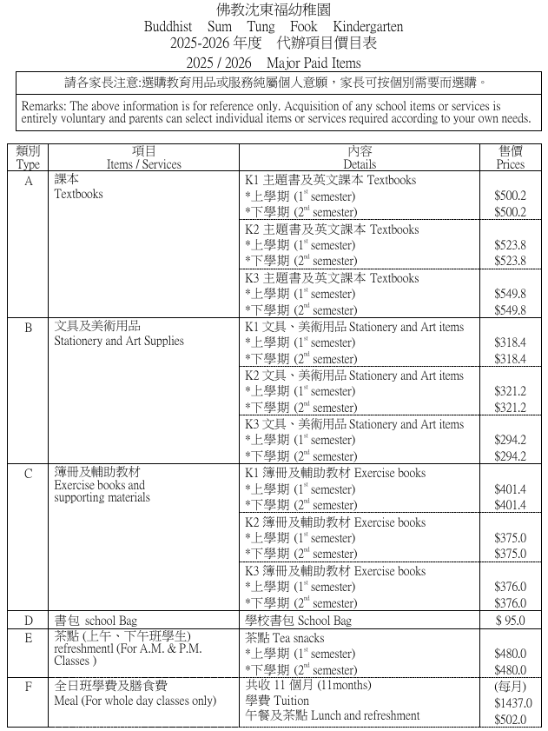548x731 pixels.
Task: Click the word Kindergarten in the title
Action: tap(367, 27)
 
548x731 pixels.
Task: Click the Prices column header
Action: tap(511, 163)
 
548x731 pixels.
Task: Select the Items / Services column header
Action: tap(143, 163)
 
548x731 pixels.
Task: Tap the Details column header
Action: tap(360, 163)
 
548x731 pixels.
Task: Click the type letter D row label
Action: tap(29, 621)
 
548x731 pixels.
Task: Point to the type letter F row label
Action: tap(29, 687)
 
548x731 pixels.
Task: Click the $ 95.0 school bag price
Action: tap(511, 621)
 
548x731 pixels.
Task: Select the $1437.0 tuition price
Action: tap(512, 702)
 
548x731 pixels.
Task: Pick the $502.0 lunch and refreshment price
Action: tap(511, 719)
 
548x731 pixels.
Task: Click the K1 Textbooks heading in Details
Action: tap(331, 180)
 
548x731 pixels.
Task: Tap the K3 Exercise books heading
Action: tap(335, 571)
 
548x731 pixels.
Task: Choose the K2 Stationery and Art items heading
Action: tap(354, 375)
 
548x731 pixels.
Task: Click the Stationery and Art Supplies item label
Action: tap(119, 341)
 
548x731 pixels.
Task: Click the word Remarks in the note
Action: tap(43, 105)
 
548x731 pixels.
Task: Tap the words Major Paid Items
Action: tap(314, 63)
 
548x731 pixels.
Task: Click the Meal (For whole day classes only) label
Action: tap(135, 701)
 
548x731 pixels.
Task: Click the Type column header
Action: tap(29, 163)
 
